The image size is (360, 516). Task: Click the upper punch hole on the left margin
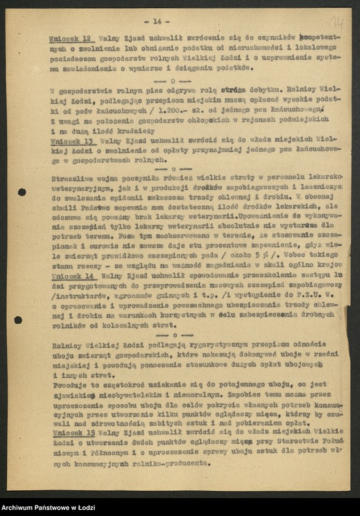point(22,192)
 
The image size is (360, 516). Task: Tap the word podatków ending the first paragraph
point(231,68)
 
